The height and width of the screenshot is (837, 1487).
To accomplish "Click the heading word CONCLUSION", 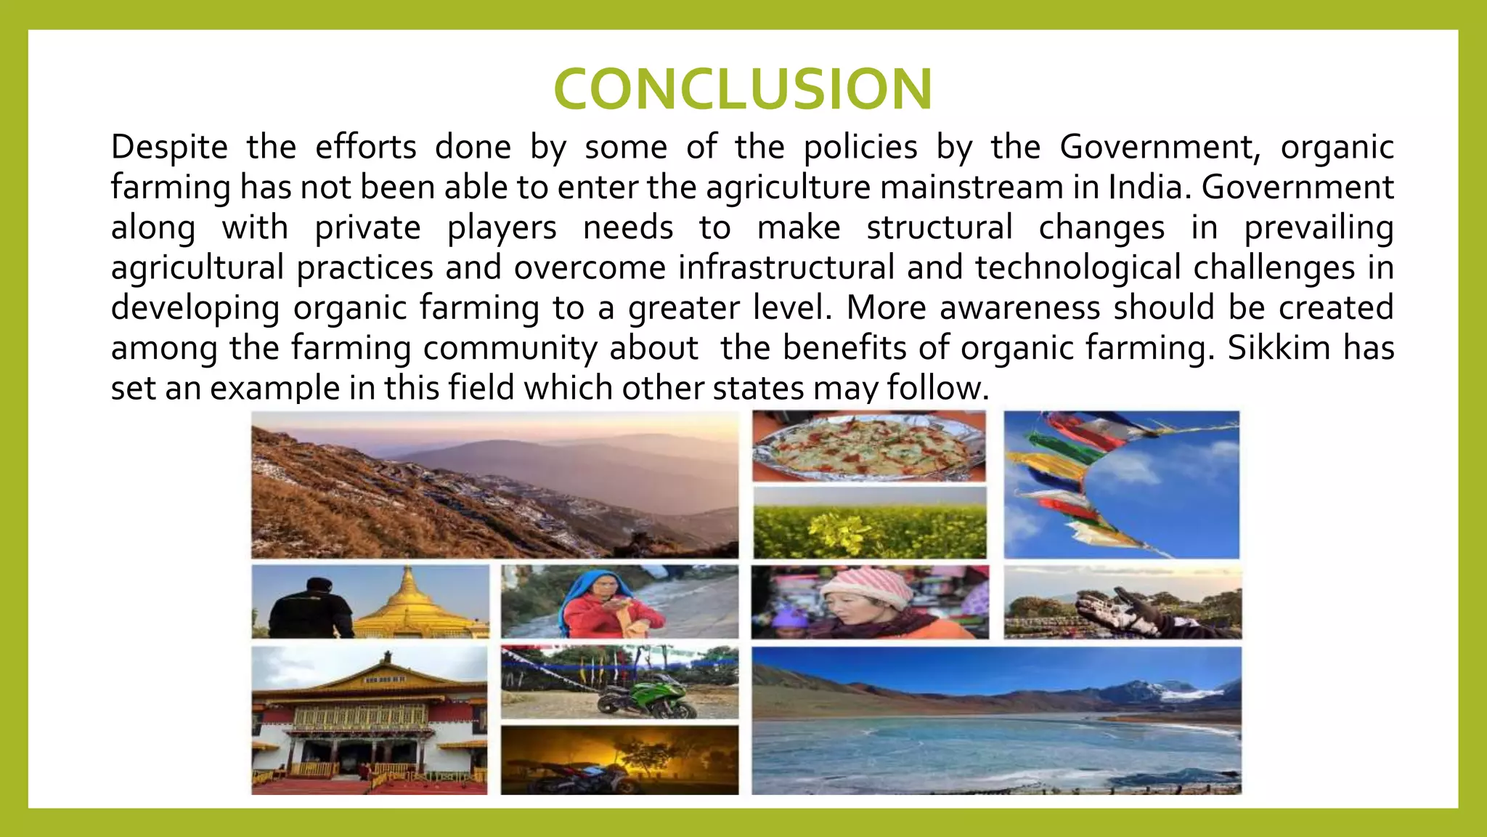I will coord(743,89).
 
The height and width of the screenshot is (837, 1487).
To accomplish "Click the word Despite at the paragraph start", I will coord(169,147).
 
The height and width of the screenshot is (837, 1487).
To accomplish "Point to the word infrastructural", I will coord(786,267).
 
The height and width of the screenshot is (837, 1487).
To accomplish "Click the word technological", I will coord(1078,267).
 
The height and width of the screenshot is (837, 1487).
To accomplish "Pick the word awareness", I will coord(1019,307).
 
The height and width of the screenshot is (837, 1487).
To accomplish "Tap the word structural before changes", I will coord(940,227).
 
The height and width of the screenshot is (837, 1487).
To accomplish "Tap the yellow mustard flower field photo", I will coord(870,522).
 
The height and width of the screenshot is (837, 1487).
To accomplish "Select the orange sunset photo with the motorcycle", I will coord(619,759).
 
